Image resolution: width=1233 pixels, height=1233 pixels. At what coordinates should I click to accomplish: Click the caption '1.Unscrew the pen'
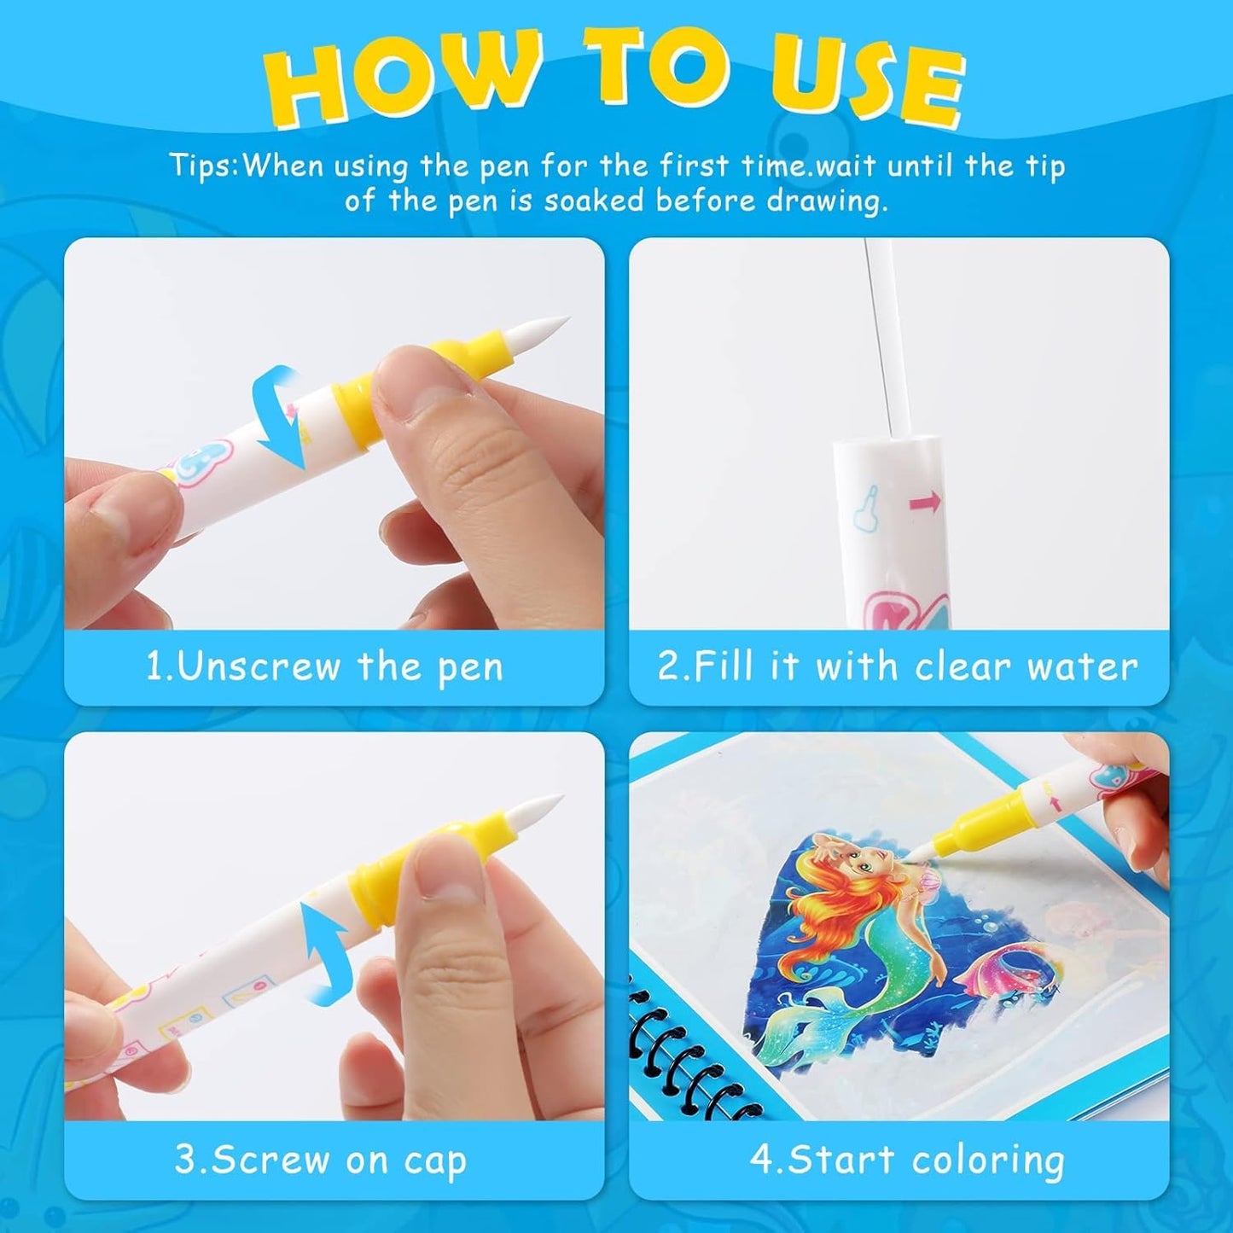[325, 666]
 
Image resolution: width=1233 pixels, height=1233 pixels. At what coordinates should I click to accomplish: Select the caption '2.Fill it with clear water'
[898, 666]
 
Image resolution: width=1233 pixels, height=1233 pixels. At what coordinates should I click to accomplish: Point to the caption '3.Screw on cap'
[321, 1160]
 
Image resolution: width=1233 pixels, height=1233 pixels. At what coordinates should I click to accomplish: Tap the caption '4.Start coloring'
[907, 1160]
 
